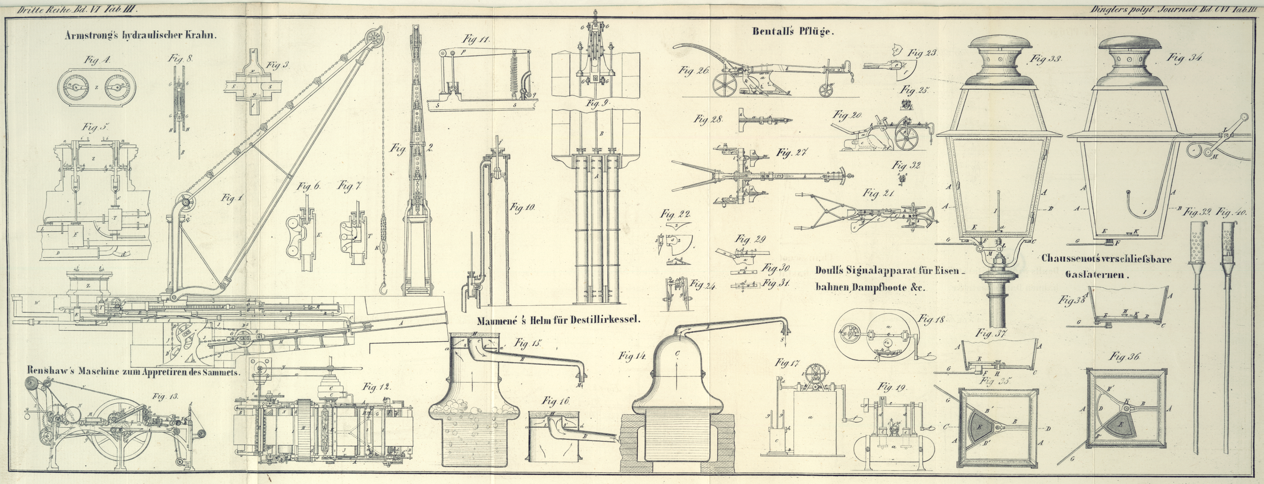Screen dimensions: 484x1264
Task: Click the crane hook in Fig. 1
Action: tap(384, 291)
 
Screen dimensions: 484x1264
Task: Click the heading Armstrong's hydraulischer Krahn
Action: tap(140, 36)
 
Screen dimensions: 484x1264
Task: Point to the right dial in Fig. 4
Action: tap(117, 88)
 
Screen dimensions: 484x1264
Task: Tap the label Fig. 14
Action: tap(631, 356)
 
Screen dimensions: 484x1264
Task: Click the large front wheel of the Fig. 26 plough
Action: tap(724, 87)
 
